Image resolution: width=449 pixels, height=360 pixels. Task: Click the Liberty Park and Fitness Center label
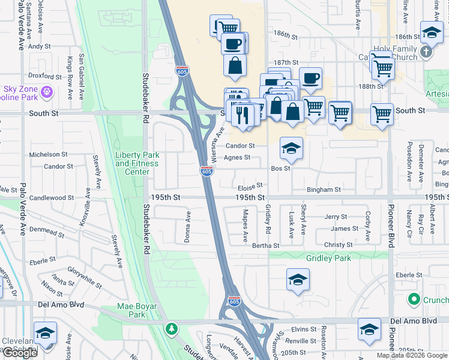137,163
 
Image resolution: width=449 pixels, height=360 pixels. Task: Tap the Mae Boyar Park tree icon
172,329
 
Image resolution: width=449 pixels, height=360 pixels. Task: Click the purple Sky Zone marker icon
47,93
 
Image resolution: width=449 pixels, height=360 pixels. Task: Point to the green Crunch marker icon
413,299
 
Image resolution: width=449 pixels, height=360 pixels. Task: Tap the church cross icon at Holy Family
426,52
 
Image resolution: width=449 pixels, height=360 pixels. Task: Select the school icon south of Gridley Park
298,280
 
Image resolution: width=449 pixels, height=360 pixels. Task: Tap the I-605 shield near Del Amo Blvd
234,301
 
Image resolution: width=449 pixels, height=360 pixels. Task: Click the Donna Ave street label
188,226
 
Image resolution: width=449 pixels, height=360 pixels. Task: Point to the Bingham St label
324,190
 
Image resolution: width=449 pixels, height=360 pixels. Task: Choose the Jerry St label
336,217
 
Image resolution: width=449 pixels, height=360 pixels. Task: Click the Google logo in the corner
20,353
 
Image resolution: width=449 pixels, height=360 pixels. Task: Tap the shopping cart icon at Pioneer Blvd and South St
382,113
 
